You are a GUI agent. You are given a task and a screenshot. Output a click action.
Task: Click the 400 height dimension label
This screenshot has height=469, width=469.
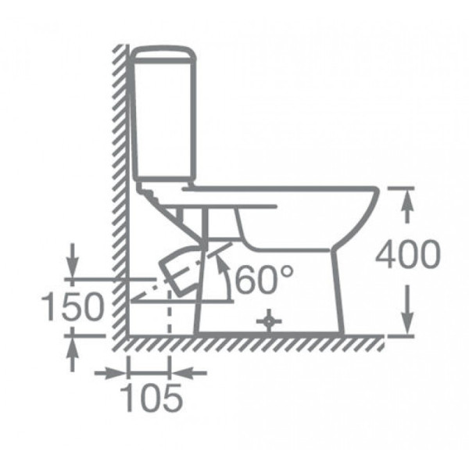[x=408, y=254]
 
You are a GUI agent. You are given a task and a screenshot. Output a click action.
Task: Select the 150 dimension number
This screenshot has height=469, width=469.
[x=73, y=306]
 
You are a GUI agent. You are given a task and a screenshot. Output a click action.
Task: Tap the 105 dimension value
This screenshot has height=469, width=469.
[x=152, y=398]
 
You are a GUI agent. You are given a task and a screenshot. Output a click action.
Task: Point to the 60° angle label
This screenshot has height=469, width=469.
[x=264, y=280]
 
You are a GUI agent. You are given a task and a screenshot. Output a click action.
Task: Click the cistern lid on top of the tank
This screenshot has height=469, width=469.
[x=164, y=55]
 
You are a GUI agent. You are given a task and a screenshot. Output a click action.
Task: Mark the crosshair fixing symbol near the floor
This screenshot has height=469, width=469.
[x=269, y=321]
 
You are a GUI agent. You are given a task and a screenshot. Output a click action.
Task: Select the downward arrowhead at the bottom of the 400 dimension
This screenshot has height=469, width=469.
[x=406, y=322]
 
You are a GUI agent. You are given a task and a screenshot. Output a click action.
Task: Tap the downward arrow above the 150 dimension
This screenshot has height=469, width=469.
[x=72, y=261]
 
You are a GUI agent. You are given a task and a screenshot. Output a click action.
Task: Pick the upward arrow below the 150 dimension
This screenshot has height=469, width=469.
[x=72, y=354]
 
